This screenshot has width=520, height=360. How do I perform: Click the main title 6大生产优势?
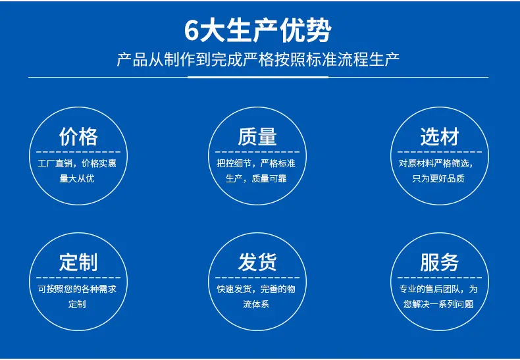coord(258,31)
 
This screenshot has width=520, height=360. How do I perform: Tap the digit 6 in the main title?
coord(191,32)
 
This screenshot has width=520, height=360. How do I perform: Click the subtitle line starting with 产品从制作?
coord(258,60)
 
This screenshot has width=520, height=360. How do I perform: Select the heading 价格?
coord(78,137)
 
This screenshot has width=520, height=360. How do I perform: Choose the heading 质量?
coord(257,137)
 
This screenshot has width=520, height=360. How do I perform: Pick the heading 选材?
coord(440,137)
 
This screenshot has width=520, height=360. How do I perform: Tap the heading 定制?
coord(78,262)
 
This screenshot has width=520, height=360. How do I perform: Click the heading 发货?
coord(257,262)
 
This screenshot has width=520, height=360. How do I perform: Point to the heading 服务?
coord(440,262)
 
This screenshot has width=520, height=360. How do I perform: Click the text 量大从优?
coord(77,178)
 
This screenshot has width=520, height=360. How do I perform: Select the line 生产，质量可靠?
coord(256,178)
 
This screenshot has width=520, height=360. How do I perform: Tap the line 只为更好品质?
coord(438,178)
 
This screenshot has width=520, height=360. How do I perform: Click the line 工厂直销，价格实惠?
coord(77,163)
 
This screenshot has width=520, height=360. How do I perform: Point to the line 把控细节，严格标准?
coord(256,163)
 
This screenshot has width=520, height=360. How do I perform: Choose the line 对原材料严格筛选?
coord(435,163)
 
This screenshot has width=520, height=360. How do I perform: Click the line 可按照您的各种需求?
coord(77,289)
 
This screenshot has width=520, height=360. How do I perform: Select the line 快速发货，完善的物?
coord(256,289)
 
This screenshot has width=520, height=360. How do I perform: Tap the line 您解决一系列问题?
coord(438,304)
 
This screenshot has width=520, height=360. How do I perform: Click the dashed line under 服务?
coord(440,278)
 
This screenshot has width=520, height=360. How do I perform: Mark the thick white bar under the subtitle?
coord(258,77)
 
